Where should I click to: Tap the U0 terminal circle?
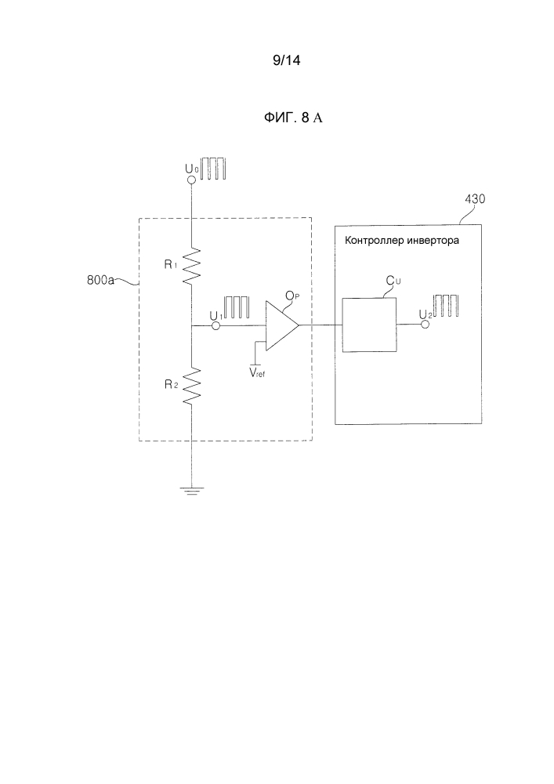tap(190, 180)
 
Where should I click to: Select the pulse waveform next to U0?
tap(212, 169)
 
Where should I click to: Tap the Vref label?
tap(256, 374)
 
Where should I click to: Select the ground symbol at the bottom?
tap(190, 492)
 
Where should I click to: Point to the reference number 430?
tap(473, 199)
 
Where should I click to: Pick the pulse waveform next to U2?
tap(446, 307)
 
